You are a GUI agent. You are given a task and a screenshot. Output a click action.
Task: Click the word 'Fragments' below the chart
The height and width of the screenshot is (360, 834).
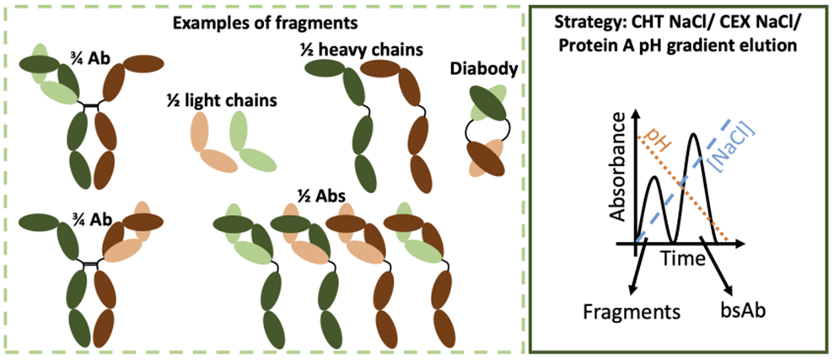coord(632,312)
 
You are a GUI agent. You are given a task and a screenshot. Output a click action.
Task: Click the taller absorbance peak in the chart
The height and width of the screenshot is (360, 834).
coord(694,137)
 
